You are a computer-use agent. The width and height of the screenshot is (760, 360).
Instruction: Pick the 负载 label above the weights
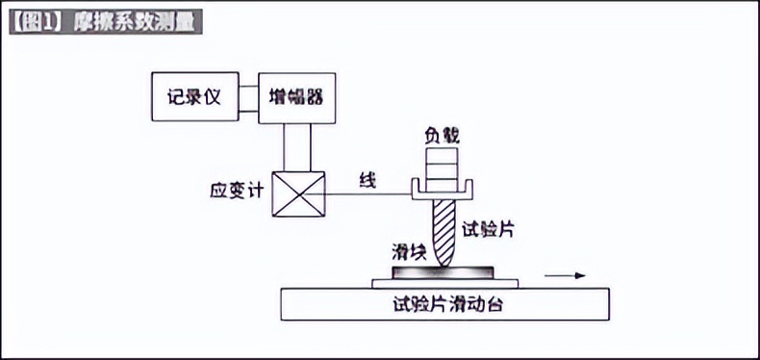pyautogui.click(x=442, y=136)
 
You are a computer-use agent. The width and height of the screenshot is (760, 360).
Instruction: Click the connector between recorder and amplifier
pyautogui.click(x=247, y=97)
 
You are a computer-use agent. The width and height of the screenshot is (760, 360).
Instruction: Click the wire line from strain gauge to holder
pyautogui.click(x=370, y=193)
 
